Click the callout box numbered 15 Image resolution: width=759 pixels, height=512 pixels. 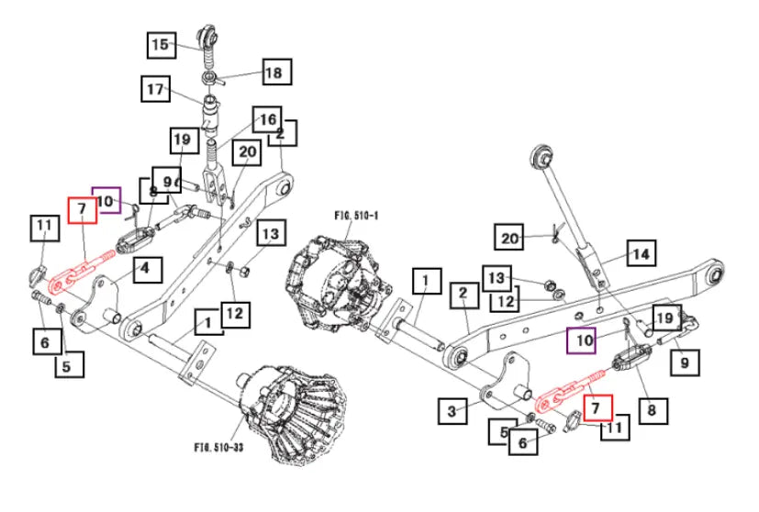(161, 43)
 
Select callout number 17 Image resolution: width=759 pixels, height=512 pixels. (155, 90)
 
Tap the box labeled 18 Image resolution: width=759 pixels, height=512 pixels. (274, 72)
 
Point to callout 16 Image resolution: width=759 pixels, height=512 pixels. (267, 120)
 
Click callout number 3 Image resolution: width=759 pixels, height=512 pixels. (451, 412)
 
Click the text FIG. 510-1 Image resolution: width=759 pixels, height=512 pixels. (357, 214)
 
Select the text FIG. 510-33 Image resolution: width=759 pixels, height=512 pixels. (221, 448)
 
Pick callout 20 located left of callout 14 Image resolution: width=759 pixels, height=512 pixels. (510, 239)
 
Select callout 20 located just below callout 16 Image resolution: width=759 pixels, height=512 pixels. (248, 152)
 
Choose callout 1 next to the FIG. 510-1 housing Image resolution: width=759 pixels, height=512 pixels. (426, 281)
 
